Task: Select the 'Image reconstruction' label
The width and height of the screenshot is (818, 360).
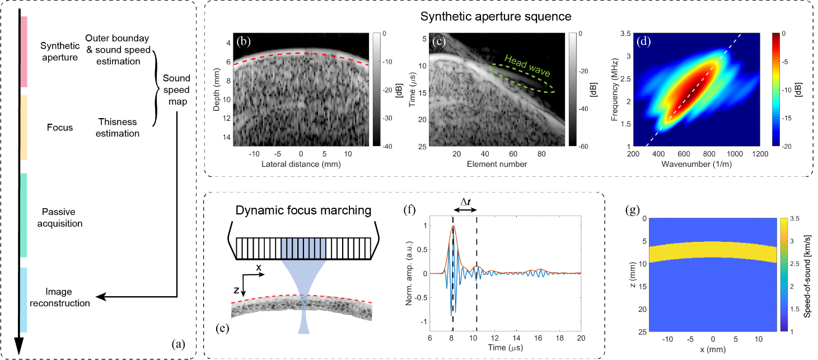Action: pos(68,297)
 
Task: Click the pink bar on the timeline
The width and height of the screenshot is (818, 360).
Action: pos(24,52)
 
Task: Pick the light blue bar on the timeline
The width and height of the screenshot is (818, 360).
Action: pos(24,300)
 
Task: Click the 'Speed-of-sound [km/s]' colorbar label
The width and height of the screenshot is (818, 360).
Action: pos(808,275)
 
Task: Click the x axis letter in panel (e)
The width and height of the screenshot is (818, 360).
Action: pos(259,268)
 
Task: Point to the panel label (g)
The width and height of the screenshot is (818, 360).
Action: pos(634,210)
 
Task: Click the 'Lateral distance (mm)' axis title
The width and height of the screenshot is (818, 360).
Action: pos(301,165)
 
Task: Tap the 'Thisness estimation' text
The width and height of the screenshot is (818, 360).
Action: pos(118,127)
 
